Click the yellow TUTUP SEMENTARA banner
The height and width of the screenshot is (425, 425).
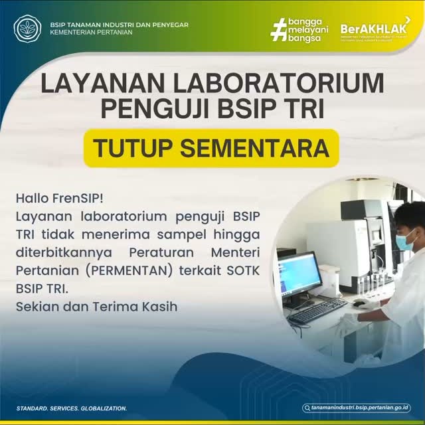(x=211, y=147)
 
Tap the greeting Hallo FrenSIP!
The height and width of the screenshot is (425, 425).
(x=59, y=198)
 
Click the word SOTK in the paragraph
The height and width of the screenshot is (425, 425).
(x=244, y=271)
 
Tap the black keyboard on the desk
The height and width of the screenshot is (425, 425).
(x=317, y=310)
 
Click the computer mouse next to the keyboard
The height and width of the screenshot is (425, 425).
(x=359, y=303)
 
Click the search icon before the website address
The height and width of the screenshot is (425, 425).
(x=307, y=408)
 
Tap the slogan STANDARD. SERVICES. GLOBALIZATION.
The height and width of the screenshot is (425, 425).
(x=71, y=408)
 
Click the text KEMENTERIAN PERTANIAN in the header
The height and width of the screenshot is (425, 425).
(x=91, y=32)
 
